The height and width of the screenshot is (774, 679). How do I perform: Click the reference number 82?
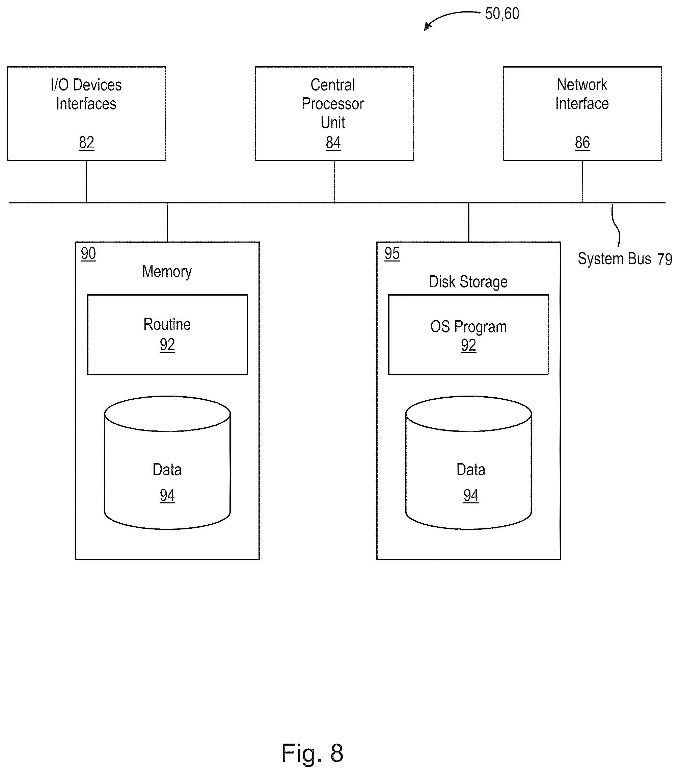[x=86, y=143]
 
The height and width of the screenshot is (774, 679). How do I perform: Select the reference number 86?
[x=582, y=143]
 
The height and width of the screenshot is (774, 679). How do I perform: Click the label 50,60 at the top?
[x=502, y=14]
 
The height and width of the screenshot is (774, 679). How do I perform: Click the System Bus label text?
[x=614, y=259]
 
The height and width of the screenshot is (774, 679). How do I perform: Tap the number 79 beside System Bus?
[x=664, y=259]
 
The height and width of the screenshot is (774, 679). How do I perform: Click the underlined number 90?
[x=88, y=253]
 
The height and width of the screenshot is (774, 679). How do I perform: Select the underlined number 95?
[x=392, y=253]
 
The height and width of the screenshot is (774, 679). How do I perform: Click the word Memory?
[x=167, y=272]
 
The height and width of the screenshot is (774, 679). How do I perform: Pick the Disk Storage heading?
[x=468, y=282]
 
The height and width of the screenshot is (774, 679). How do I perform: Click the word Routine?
[x=167, y=325]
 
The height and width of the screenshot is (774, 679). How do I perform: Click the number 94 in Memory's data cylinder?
[x=167, y=495]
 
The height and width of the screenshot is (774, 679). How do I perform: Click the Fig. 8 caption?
[x=313, y=753]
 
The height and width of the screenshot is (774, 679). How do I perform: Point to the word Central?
[x=333, y=85]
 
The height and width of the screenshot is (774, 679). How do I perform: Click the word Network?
[x=582, y=85]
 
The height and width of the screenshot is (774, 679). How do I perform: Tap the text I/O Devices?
[x=86, y=85]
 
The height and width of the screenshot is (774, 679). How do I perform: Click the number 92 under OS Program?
[x=468, y=345]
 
